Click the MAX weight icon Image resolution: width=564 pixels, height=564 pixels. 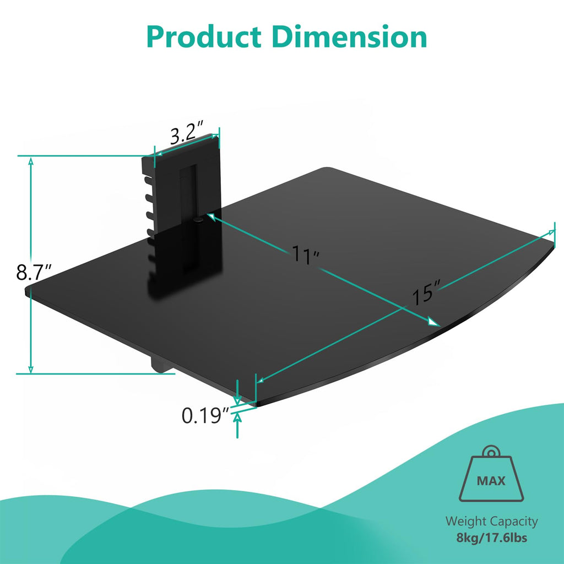[x=491, y=478]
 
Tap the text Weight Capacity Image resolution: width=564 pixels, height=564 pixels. [x=491, y=521]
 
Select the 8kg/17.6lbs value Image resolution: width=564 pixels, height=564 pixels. [x=491, y=538]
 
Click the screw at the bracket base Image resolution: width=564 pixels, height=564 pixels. [x=198, y=219]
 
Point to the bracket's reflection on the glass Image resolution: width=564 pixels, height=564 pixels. [x=185, y=262]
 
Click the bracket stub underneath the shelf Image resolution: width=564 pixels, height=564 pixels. [x=160, y=365]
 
